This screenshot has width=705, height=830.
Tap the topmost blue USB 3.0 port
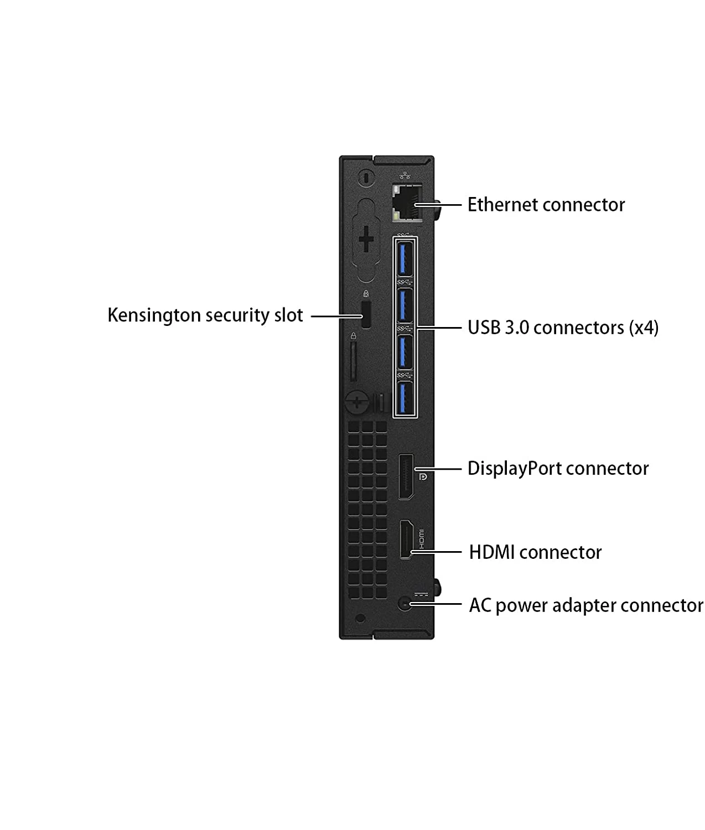(x=405, y=258)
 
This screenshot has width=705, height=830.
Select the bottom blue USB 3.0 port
(x=405, y=398)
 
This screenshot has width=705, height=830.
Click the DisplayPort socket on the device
(x=406, y=477)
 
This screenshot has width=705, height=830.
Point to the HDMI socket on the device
(x=406, y=539)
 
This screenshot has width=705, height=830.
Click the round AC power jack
(x=405, y=604)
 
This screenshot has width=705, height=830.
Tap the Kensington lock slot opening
(x=366, y=314)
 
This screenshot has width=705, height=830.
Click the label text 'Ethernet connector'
(x=546, y=205)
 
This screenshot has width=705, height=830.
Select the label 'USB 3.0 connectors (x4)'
(x=563, y=328)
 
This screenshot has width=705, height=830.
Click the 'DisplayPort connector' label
(x=558, y=469)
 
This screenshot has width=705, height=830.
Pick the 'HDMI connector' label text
(x=535, y=552)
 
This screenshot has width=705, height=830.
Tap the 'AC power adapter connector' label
(x=586, y=605)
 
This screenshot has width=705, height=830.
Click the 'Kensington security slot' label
(x=205, y=315)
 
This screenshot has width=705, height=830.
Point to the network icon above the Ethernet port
(x=405, y=175)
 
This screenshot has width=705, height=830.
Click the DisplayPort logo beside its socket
(x=423, y=476)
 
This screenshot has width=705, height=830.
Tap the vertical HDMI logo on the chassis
(x=421, y=539)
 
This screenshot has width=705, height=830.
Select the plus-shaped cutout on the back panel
(x=366, y=239)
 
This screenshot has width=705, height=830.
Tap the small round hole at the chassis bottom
(x=360, y=619)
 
